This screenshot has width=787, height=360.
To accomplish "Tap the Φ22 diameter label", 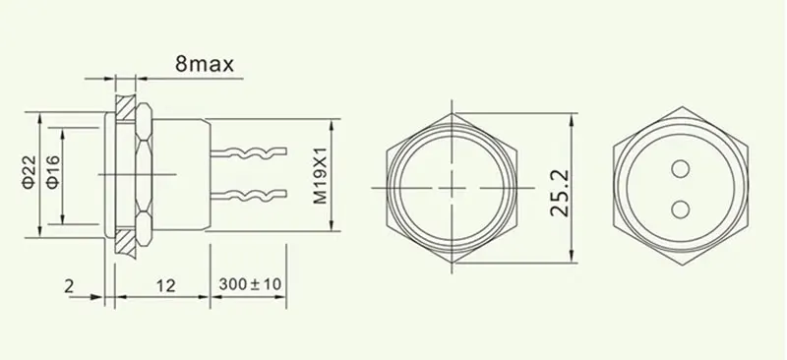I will point(29,174).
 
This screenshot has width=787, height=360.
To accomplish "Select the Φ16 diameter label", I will point(53,174).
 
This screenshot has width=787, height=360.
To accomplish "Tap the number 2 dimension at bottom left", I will point(68,285).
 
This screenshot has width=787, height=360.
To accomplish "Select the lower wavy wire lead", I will point(251,193).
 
